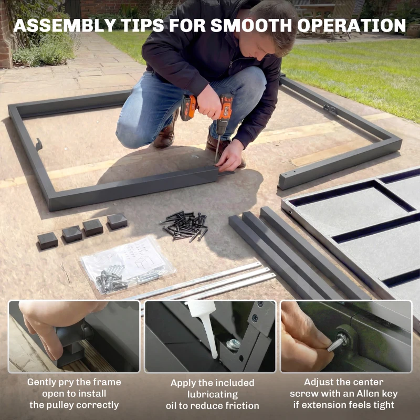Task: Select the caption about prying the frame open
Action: (74, 393)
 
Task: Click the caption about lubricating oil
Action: (212, 394)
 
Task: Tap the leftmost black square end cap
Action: (47, 240)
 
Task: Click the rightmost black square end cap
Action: (117, 221)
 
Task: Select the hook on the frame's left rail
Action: (38, 144)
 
